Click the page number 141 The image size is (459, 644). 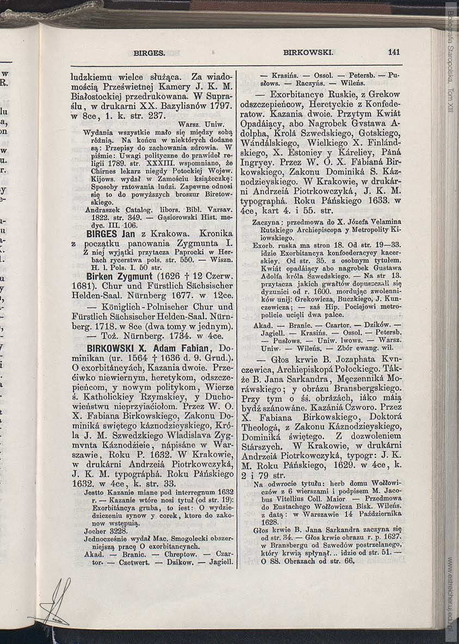point(394,53)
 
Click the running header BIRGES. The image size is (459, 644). point(149,53)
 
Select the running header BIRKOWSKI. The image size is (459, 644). point(307,53)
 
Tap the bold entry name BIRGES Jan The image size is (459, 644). point(110,234)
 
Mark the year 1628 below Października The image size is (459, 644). point(270,522)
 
